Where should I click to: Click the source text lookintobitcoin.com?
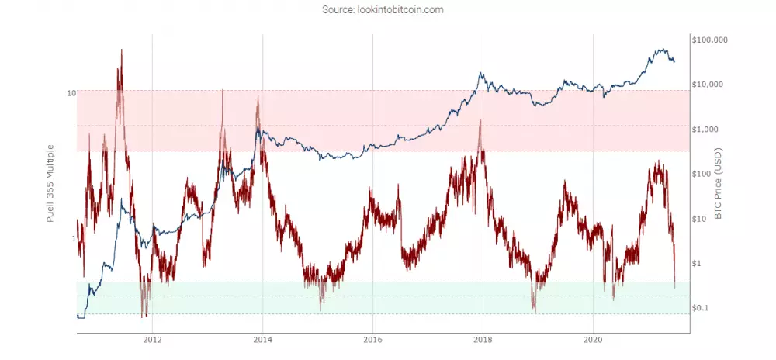[387, 10]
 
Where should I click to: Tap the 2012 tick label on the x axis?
[152, 340]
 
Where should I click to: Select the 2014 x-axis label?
[262, 340]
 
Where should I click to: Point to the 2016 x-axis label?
[372, 340]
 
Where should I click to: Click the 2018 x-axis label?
[483, 340]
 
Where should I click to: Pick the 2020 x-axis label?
[593, 340]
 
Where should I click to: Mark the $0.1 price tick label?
[700, 308]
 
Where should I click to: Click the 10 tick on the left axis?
[71, 93]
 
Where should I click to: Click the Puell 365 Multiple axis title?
[51, 183]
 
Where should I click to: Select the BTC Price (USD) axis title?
[718, 183]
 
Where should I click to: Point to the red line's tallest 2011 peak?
[121, 50]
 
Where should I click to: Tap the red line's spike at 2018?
[481, 121]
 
